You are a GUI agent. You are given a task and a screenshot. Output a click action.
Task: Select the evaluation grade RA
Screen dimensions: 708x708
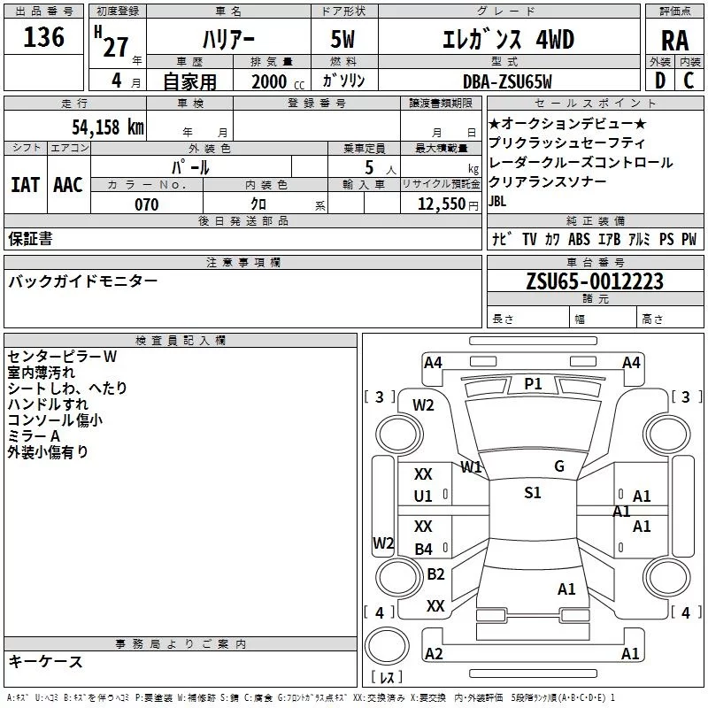(x=674, y=40)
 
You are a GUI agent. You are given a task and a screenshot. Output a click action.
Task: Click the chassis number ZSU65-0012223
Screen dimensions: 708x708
(x=595, y=281)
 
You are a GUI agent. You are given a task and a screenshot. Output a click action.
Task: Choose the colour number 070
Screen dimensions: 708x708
(x=146, y=204)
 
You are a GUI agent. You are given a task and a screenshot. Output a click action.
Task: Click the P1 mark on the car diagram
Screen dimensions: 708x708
(x=533, y=383)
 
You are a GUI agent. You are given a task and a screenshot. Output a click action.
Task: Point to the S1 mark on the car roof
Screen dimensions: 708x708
(x=533, y=493)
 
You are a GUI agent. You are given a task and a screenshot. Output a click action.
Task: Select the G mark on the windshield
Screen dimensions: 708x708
(x=559, y=466)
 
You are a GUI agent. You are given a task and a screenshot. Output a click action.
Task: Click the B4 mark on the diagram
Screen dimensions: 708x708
(x=424, y=550)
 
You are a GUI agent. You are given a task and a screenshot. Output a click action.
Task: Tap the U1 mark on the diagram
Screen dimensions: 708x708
(x=424, y=496)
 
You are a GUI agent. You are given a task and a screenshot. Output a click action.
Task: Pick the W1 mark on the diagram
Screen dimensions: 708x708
(x=471, y=466)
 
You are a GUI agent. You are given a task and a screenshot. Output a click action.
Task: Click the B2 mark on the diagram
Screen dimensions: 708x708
(x=435, y=574)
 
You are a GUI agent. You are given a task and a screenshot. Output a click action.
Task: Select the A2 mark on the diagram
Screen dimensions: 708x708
(x=434, y=654)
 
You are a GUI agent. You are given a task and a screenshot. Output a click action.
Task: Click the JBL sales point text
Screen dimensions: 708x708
(x=498, y=201)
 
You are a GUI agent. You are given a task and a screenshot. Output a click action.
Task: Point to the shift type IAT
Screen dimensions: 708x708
(x=25, y=185)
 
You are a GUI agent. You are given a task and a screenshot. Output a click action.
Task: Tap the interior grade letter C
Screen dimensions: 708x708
(x=689, y=81)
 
